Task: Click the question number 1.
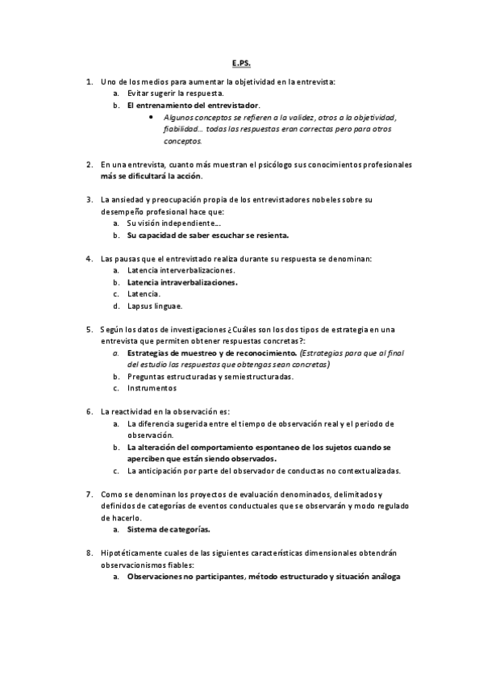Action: click(89, 82)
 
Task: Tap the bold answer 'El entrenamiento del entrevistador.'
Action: click(194, 106)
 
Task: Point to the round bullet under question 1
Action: click(152, 117)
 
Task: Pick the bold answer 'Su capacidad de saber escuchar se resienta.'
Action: click(207, 235)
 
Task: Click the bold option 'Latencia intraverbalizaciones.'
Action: click(182, 282)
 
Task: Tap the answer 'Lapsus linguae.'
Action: click(155, 306)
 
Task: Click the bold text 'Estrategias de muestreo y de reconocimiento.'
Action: click(211, 353)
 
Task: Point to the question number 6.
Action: click(89, 411)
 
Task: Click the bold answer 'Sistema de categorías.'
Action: click(169, 529)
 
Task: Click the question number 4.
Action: click(89, 258)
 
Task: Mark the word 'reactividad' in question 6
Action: click(134, 411)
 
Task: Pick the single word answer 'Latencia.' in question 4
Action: click(144, 294)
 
